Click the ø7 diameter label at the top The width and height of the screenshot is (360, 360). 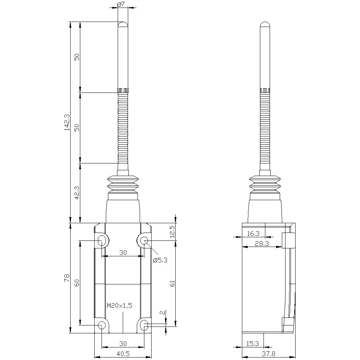tap(121, 4)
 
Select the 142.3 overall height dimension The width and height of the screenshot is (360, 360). tap(67, 122)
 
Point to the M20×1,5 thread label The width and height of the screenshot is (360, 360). tap(120, 305)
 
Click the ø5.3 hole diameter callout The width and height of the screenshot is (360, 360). tap(160, 260)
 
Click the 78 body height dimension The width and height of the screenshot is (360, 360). tap(67, 278)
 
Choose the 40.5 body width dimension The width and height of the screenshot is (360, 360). tap(123, 354)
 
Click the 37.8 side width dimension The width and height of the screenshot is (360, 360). tap(269, 354)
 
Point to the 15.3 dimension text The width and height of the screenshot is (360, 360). tap(253, 343)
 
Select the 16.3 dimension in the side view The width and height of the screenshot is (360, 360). tap(253, 234)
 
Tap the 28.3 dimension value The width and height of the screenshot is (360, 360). tap(262, 244)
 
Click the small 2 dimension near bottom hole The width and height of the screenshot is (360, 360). tap(163, 312)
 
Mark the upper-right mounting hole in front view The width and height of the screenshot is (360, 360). tap(144, 240)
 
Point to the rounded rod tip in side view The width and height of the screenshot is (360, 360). tap(265, 24)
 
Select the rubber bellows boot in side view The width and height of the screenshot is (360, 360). tap(265, 185)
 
